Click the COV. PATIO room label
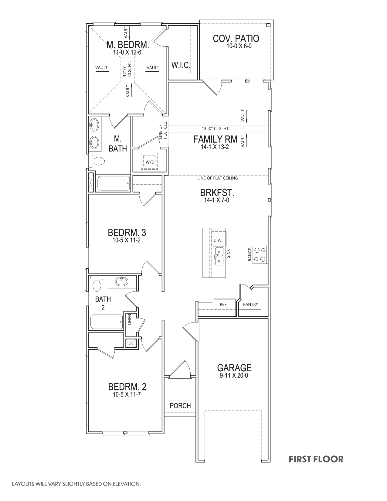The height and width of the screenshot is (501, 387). pyautogui.click(x=236, y=39)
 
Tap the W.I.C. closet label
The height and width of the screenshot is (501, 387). pyautogui.click(x=181, y=65)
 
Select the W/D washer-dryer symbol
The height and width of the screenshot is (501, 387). pyautogui.click(x=150, y=162)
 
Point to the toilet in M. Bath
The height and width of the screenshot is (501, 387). pyautogui.click(x=97, y=161)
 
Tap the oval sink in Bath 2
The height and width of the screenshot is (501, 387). pyautogui.click(x=123, y=281)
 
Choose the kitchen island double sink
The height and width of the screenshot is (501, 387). pyautogui.click(x=219, y=257)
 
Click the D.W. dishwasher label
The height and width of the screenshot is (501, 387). pyautogui.click(x=218, y=240)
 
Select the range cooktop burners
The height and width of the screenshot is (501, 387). pyautogui.click(x=260, y=255)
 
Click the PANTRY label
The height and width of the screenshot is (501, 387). pyautogui.click(x=250, y=304)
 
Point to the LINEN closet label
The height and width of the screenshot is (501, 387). pyautogui.click(x=130, y=320)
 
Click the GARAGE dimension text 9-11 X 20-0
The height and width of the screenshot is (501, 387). pyautogui.click(x=234, y=375)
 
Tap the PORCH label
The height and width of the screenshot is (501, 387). pyautogui.click(x=180, y=406)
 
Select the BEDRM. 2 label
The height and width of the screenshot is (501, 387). pyautogui.click(x=127, y=387)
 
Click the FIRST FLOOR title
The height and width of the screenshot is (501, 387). pyautogui.click(x=316, y=459)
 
